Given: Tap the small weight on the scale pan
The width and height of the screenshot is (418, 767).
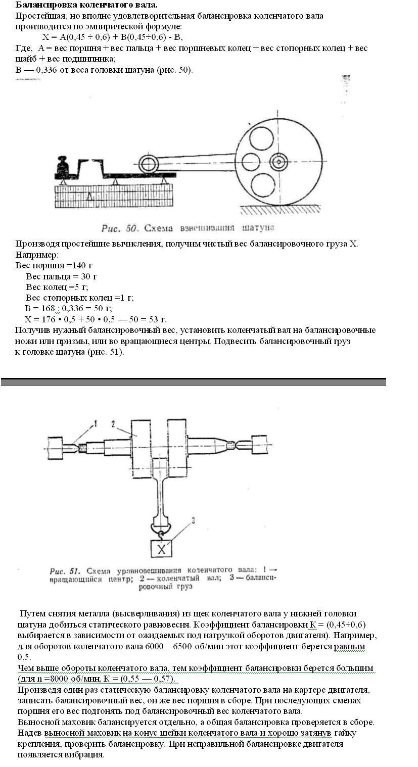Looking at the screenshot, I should pyautogui.click(x=65, y=165).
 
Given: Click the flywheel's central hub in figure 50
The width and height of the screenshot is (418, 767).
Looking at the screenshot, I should pyautogui.click(x=278, y=162).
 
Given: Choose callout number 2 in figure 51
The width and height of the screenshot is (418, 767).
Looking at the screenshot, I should pyautogui.click(x=115, y=424).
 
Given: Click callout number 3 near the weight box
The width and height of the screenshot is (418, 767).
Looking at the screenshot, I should pyautogui.click(x=192, y=520).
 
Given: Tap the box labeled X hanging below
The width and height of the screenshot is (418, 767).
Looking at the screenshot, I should pyautogui.click(x=161, y=549).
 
